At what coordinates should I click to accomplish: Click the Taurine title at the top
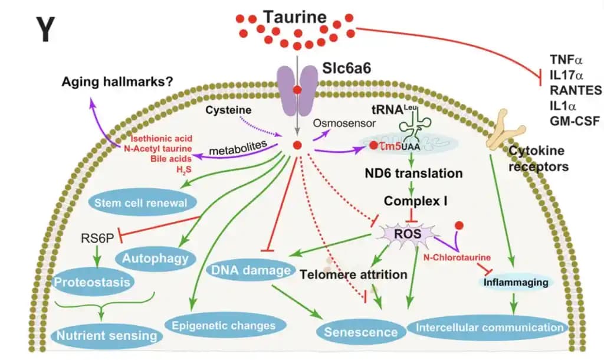click(x=294, y=16)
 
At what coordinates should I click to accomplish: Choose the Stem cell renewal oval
click(x=143, y=202)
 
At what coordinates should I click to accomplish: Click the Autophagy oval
click(x=156, y=257)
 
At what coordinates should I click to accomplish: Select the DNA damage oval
click(x=252, y=270)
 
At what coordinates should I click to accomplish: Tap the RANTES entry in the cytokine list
click(x=575, y=90)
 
